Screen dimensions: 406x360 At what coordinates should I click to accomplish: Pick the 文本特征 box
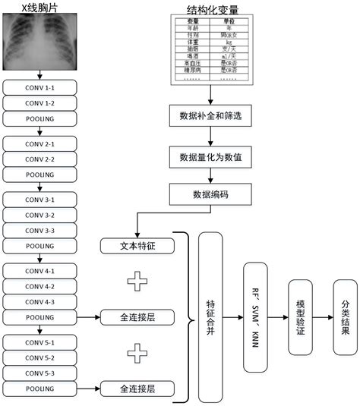click(137, 246)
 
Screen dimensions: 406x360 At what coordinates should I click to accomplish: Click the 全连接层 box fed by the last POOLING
click(137, 389)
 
